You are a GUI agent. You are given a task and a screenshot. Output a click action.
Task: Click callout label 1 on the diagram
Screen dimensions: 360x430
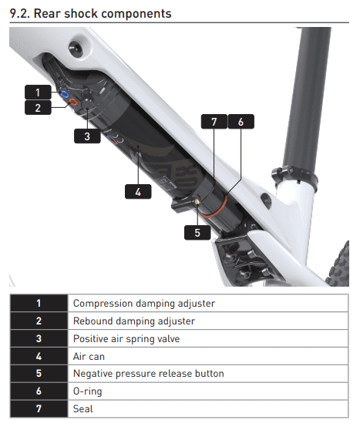[x=38, y=92]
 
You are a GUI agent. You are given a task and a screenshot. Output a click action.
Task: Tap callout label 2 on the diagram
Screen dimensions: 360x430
[x=38, y=108]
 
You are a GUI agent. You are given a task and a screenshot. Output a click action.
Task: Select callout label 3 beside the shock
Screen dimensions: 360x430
[x=87, y=136]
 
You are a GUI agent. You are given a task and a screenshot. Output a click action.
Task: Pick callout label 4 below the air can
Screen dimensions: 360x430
[x=138, y=192]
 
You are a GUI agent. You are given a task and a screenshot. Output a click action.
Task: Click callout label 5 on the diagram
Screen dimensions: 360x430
[x=197, y=233]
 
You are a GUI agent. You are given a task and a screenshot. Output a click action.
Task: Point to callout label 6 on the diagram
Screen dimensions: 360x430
[x=241, y=122]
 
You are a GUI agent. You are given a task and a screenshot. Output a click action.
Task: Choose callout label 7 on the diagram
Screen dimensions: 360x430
[x=214, y=122]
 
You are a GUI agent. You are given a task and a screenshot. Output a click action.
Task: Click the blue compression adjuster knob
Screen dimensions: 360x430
[x=65, y=95]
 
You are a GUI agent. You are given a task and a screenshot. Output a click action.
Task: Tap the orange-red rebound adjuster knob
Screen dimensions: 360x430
[x=73, y=102]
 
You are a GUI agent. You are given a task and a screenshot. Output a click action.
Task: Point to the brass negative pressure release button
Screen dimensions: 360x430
[x=197, y=203]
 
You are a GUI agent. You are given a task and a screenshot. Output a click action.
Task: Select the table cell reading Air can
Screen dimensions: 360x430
[x=208, y=356]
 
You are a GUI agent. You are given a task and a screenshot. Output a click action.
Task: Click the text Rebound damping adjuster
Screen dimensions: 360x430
[x=134, y=321]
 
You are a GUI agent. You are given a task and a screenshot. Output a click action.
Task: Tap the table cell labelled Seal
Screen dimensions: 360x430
[x=208, y=408]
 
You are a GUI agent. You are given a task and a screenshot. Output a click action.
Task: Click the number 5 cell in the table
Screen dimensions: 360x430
[x=39, y=374]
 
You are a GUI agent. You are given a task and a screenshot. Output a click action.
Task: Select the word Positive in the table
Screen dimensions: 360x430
[x=90, y=338]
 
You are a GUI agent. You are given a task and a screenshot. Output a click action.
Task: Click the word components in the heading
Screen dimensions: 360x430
[x=140, y=14]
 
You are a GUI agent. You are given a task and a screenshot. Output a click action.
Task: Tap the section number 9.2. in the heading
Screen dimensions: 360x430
[x=20, y=13]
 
